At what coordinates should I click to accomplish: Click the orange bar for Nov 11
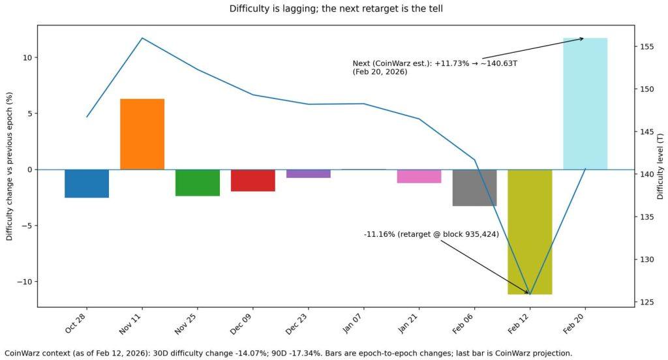(142, 134)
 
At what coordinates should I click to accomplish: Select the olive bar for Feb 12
(530, 232)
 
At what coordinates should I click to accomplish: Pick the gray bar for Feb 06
(474, 187)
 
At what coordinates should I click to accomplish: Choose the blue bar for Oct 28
(87, 183)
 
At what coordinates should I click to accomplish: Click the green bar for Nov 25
(198, 183)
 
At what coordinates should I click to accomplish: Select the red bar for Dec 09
(253, 180)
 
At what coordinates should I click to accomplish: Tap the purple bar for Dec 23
(308, 173)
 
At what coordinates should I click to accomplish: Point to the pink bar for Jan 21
(419, 176)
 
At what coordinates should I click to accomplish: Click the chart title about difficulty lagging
(333, 9)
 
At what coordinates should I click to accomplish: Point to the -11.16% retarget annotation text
(431, 234)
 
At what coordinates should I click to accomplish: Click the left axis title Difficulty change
(10, 166)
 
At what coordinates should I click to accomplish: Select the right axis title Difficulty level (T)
(660, 166)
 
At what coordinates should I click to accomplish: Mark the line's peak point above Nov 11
(142, 38)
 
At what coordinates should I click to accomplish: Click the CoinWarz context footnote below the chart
(288, 353)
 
